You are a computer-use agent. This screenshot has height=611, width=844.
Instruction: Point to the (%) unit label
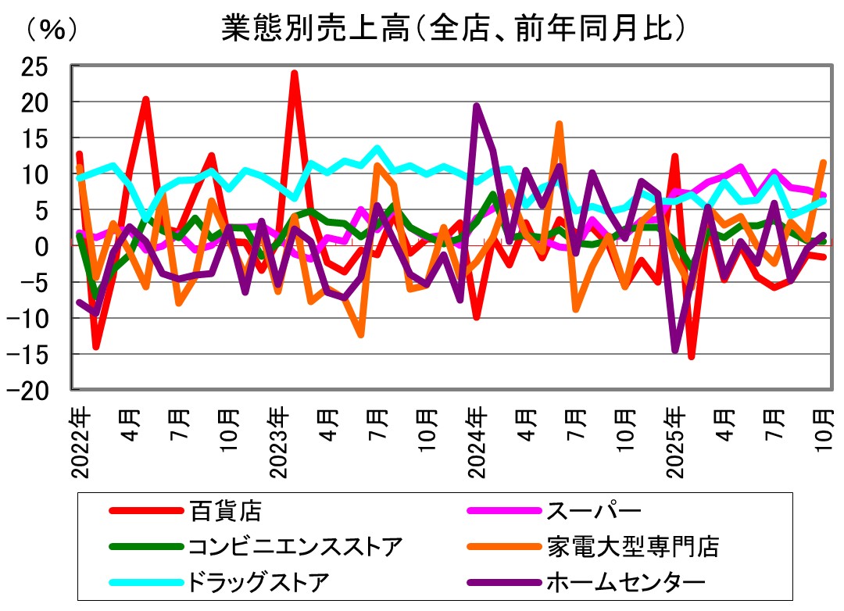coord(52,29)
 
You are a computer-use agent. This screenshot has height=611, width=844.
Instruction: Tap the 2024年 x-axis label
coord(477,441)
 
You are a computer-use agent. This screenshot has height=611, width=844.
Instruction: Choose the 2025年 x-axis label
coord(676,441)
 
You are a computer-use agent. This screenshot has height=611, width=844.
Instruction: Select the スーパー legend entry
coord(593,512)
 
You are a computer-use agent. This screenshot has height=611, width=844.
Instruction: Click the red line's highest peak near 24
coord(294,73)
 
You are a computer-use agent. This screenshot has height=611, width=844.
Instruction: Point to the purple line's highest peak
coord(477,106)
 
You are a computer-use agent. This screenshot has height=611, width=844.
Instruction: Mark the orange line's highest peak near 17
coord(560,124)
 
